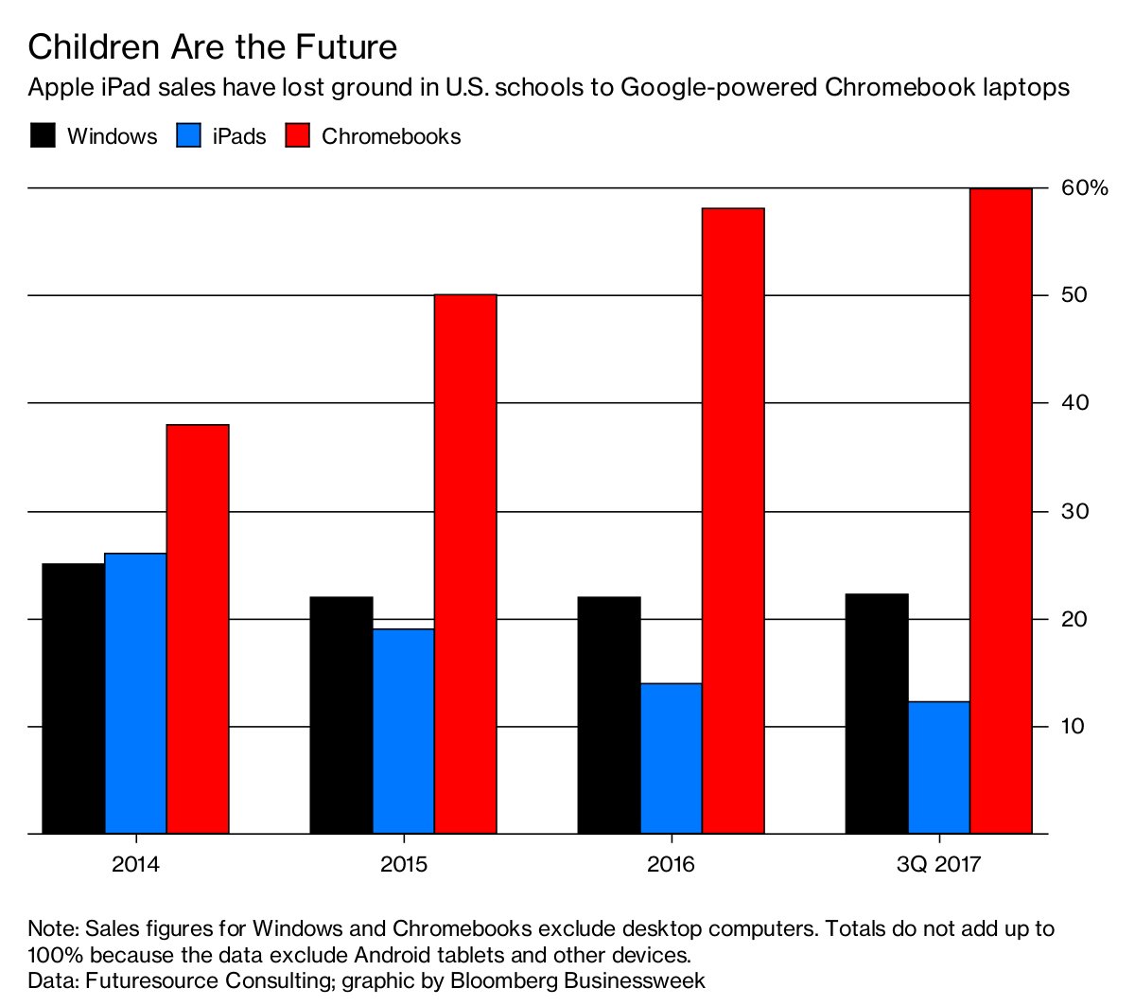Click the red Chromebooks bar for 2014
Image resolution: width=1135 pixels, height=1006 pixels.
[x=198, y=629]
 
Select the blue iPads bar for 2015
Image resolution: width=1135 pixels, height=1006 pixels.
[x=403, y=731]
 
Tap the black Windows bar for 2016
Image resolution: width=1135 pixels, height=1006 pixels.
[x=608, y=715]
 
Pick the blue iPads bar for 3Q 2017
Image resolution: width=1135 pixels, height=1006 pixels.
[x=938, y=768]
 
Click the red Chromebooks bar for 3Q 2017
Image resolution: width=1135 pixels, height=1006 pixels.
[x=1001, y=511]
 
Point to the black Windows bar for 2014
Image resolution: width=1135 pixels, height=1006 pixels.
[x=73, y=698]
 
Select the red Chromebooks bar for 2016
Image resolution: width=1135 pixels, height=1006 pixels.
[x=733, y=521]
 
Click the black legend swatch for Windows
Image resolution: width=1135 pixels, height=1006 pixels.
[x=44, y=135]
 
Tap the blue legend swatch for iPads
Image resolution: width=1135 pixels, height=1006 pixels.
[x=189, y=135]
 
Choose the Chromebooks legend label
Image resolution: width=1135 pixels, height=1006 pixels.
[x=391, y=136]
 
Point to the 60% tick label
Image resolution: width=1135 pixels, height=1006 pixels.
[x=1084, y=188]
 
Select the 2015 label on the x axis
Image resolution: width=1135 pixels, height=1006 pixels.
[x=404, y=864]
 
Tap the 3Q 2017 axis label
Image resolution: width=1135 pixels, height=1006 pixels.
[x=938, y=864]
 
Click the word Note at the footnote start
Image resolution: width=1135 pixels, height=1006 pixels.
[x=50, y=928]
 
